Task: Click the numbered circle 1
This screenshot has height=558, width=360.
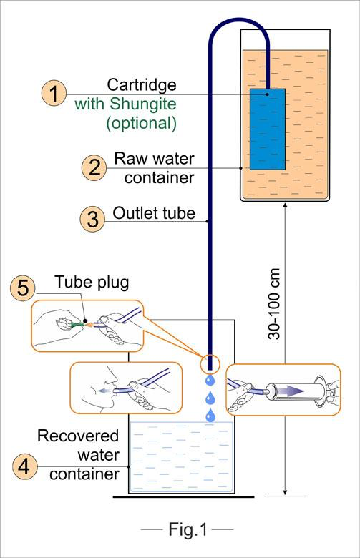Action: [x=54, y=93]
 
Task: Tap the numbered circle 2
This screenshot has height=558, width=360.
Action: [x=94, y=167]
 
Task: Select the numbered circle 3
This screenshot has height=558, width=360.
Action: [x=92, y=218]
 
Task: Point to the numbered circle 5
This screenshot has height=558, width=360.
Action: [x=23, y=288]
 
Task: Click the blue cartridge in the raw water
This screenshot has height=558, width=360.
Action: [x=268, y=129]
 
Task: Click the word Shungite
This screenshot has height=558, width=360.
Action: [x=143, y=104]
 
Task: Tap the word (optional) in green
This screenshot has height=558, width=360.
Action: [x=142, y=123]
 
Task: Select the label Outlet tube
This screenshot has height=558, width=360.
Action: [x=154, y=213]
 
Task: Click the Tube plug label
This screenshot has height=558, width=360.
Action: [x=92, y=282]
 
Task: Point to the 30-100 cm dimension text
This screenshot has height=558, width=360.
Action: [x=274, y=303]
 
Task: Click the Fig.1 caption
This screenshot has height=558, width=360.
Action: [x=188, y=529]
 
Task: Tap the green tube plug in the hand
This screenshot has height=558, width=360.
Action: [x=77, y=325]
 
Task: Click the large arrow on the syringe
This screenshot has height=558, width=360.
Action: [x=290, y=391]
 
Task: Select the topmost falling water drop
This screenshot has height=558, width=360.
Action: [x=210, y=379]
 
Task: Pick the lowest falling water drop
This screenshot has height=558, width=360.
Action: [x=210, y=415]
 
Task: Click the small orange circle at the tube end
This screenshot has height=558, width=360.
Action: [x=210, y=363]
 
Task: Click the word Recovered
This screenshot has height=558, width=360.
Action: [x=78, y=436]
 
